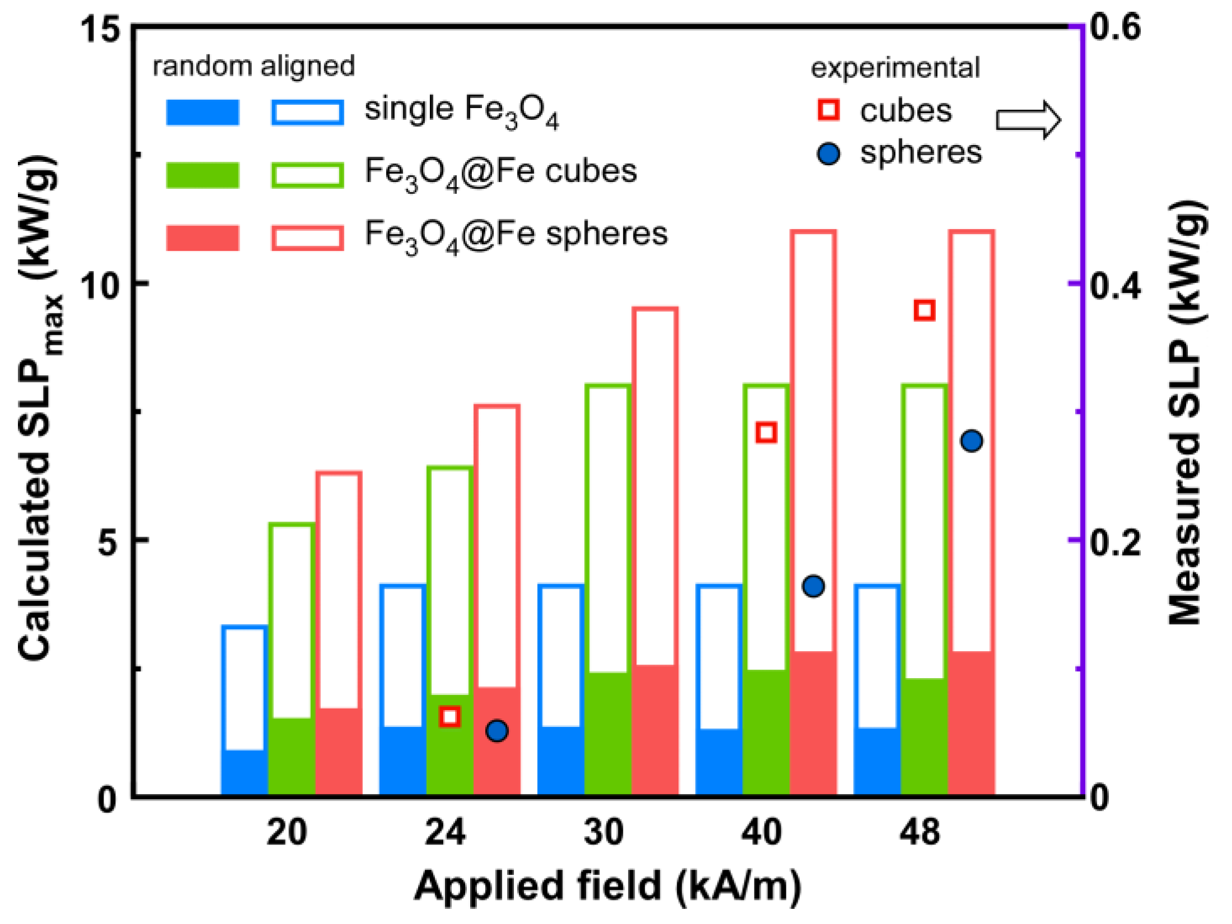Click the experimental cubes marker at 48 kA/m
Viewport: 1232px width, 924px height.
coord(924,310)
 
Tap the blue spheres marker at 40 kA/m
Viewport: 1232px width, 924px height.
coord(813,586)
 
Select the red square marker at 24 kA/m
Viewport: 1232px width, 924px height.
coord(450,716)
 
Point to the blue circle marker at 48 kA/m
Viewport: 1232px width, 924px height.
coord(972,441)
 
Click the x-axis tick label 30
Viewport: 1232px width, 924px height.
coord(603,833)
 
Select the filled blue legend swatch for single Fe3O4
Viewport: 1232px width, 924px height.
coord(203,112)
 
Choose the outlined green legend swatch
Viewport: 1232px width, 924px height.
coord(307,175)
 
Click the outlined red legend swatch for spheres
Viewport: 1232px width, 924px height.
coord(307,238)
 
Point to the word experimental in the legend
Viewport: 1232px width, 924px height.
coord(895,68)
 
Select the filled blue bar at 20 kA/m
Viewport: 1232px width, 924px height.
coord(244,773)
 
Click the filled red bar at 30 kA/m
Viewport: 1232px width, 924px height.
coord(655,731)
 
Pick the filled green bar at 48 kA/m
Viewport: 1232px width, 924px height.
coord(924,738)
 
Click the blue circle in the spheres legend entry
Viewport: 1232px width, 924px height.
coord(828,153)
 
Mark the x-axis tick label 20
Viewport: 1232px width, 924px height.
coord(287,833)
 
